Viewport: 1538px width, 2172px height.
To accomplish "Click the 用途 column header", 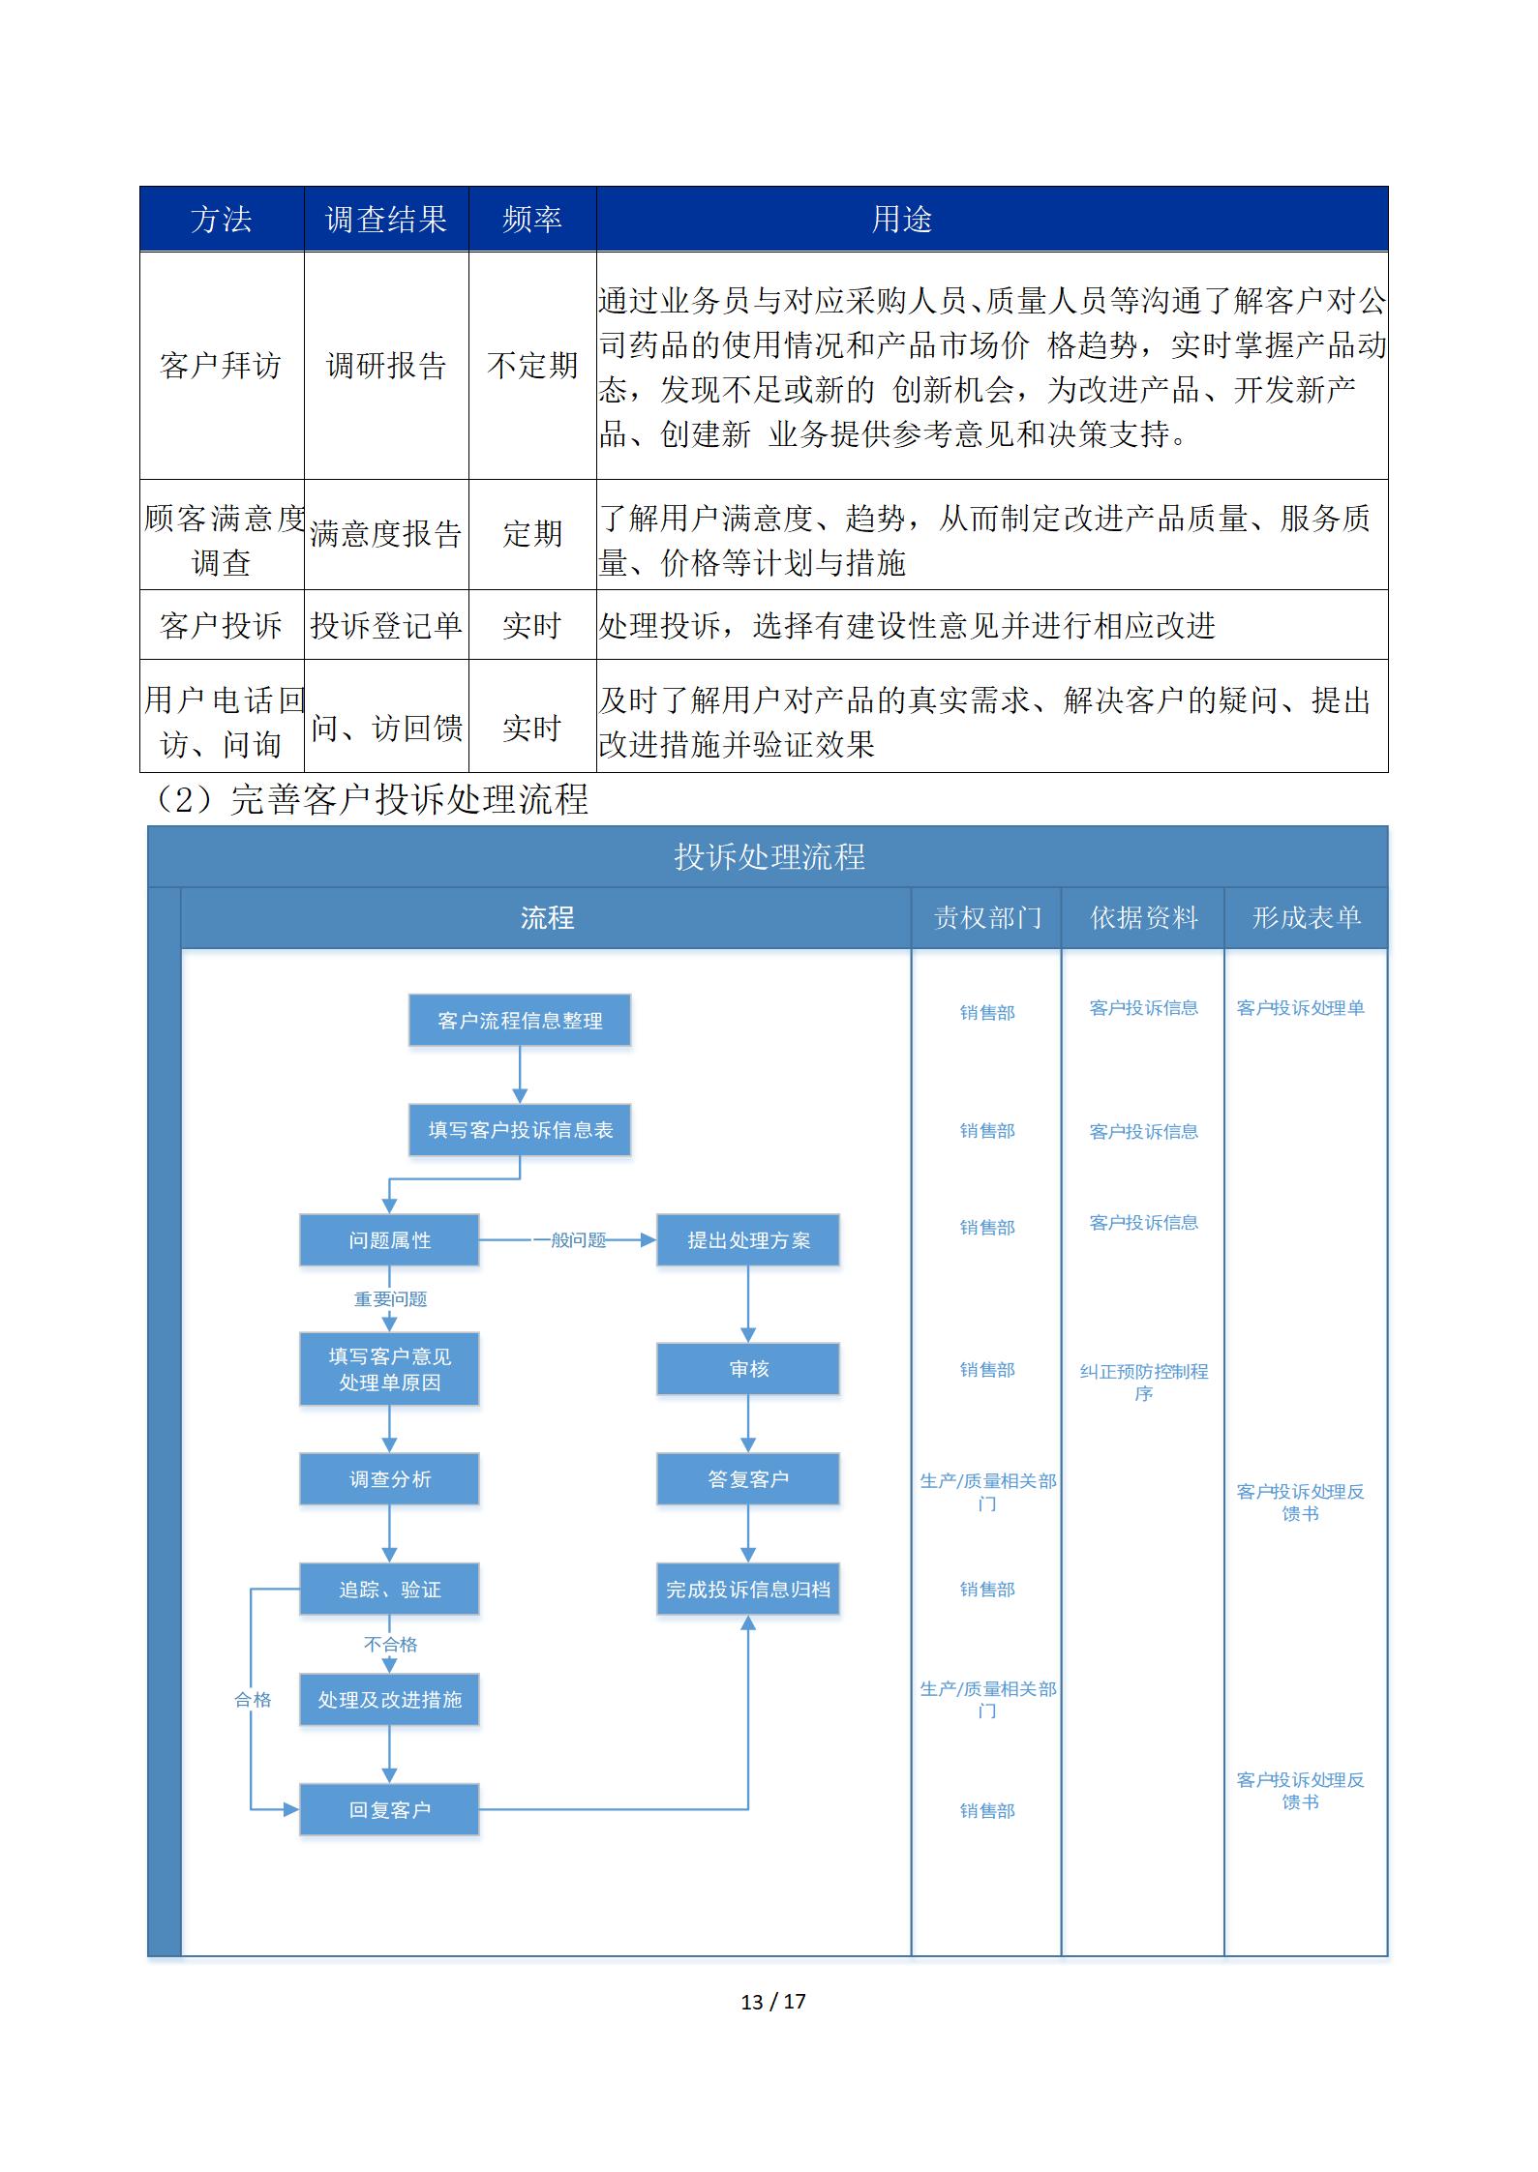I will tap(901, 220).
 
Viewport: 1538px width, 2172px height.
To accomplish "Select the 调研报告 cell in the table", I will tap(386, 366).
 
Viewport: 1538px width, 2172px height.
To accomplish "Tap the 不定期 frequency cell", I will tap(532, 366).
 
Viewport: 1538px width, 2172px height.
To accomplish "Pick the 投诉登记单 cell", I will tap(386, 626).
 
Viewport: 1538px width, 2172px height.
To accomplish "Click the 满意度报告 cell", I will tap(386, 534).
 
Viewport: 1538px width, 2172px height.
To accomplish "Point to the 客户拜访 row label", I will tap(221, 366).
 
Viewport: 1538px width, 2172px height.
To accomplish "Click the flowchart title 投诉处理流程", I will tap(769, 857).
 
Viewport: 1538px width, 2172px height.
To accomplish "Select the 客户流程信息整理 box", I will tap(520, 1021).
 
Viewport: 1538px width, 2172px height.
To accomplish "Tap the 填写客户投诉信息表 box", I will tap(520, 1130).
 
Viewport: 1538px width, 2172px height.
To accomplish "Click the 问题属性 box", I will tap(389, 1240).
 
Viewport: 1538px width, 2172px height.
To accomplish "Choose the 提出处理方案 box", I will tap(748, 1240).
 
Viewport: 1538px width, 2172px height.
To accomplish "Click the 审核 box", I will tap(748, 1369).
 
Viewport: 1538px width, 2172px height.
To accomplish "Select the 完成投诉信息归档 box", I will tap(748, 1590).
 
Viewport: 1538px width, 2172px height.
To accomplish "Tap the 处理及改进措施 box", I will tap(389, 1700).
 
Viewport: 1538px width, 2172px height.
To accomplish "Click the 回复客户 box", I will tap(389, 1810).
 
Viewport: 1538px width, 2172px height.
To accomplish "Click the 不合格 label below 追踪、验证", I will tap(390, 1645).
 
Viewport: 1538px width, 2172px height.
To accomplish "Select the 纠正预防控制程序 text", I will tap(1144, 1383).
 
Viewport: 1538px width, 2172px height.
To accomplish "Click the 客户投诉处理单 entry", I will tap(1300, 1008).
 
